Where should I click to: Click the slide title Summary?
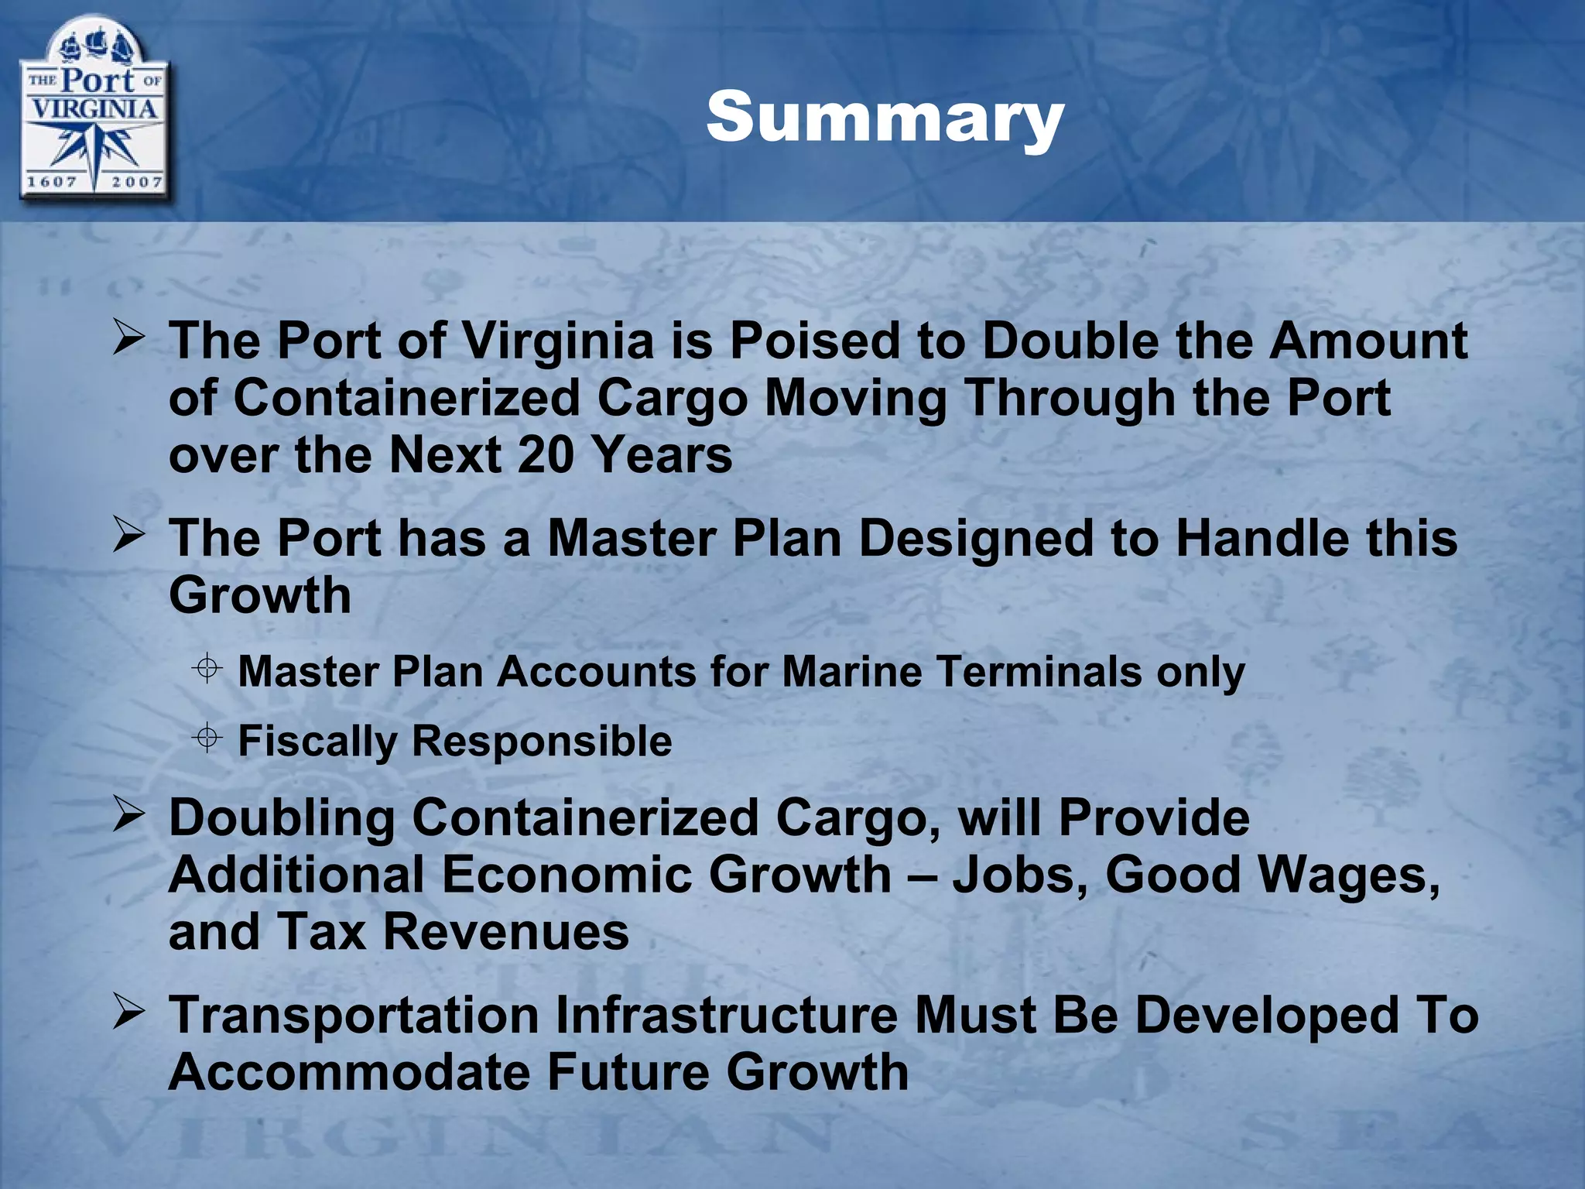coord(885,118)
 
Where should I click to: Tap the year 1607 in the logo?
coord(52,183)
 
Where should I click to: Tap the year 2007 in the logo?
coord(136,183)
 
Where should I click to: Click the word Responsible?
coord(542,742)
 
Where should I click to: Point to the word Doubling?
coord(282,819)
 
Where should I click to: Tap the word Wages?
coord(1348,875)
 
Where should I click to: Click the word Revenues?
coord(506,932)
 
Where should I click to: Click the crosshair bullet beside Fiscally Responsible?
coord(207,738)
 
